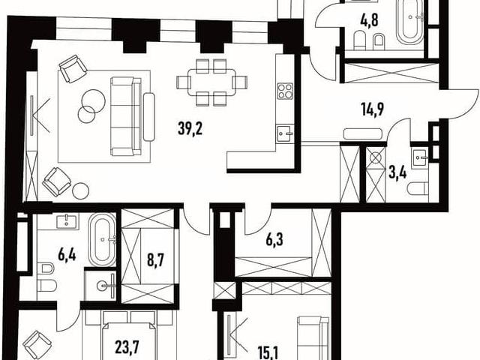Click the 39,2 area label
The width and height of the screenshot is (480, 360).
point(190,129)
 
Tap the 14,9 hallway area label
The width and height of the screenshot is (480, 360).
point(373,110)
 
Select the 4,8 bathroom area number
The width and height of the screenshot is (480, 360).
point(369,20)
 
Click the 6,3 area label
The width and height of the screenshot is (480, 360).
point(274,241)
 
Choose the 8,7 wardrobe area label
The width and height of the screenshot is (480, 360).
point(156,262)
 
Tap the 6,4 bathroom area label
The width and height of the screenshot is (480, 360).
point(67,255)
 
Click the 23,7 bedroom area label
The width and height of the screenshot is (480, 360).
point(127,347)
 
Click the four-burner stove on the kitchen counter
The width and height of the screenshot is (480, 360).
point(285,91)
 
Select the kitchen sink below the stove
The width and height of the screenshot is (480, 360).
point(285,133)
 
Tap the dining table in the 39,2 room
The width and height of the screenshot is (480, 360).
point(211,82)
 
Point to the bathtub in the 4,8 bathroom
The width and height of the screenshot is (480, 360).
point(410,23)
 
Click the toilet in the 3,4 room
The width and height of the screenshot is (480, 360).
point(418,188)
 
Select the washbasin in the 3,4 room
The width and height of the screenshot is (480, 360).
point(420,157)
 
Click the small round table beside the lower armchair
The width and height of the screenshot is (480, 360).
point(81,190)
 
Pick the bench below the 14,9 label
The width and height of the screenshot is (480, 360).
point(363,133)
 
